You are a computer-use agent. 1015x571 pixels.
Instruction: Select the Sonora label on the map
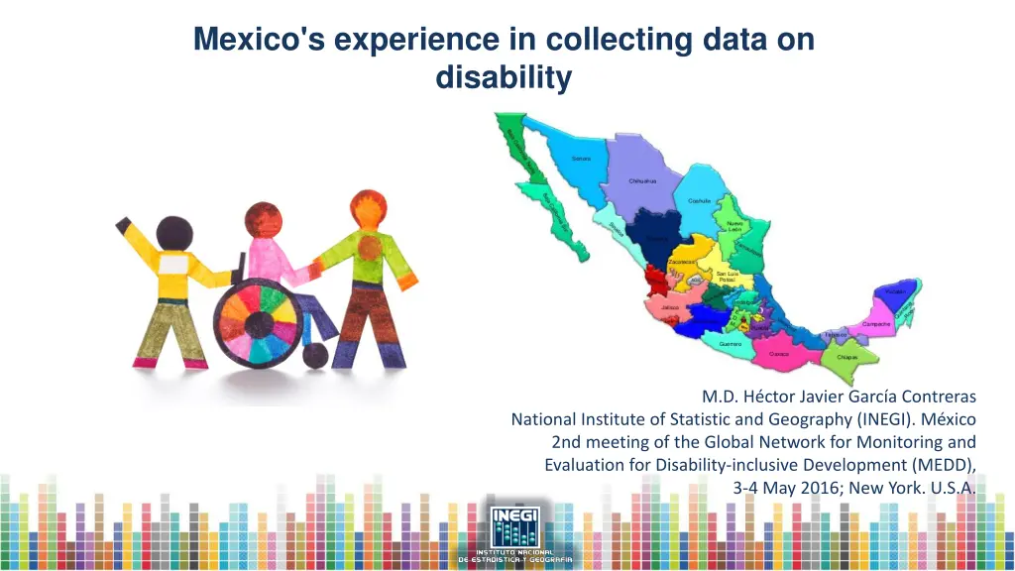tap(581, 159)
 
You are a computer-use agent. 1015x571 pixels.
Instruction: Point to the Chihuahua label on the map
tap(642, 181)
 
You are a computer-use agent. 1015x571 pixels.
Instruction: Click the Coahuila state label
tap(700, 201)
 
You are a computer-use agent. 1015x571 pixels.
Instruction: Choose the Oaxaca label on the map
tap(779, 352)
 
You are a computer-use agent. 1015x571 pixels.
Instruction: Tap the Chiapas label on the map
tap(847, 357)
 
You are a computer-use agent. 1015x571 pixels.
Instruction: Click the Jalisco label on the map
tap(670, 307)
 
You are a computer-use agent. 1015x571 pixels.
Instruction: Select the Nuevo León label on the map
tap(734, 226)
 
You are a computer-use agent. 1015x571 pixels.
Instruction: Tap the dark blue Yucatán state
tap(894, 291)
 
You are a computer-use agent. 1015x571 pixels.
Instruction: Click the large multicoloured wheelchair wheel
tap(259, 322)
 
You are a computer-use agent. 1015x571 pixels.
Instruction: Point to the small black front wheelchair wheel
tap(316, 355)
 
